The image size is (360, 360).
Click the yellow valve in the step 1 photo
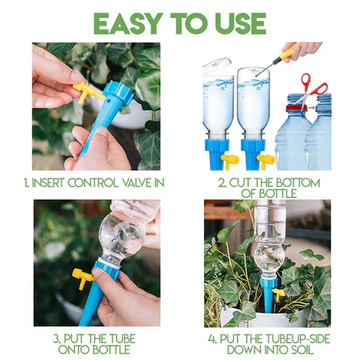point(88,91)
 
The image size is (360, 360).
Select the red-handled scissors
point(312,90)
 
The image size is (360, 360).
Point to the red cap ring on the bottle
point(296,108)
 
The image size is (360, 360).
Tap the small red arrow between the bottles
point(311,108)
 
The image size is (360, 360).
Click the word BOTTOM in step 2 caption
point(298,183)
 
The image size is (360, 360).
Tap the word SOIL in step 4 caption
point(301,349)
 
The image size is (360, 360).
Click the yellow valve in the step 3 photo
point(82,278)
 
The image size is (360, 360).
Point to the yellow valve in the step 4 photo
point(279,293)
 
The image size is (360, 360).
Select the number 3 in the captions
point(56,339)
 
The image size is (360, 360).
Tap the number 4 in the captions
point(212,339)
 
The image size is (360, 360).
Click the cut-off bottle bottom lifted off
point(217,63)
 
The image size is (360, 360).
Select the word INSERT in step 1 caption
point(48,183)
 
